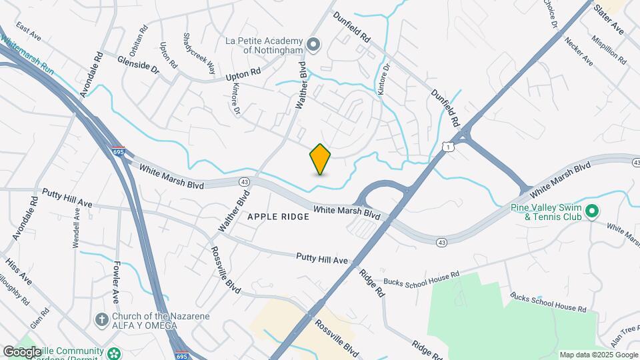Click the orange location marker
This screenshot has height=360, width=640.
point(321,159)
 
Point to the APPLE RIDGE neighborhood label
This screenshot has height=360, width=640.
point(278,217)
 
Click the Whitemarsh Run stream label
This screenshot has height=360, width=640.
point(27,50)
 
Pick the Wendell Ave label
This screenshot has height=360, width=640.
point(76,227)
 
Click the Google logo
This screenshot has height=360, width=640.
point(22,351)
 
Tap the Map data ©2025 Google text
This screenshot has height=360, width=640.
point(598,355)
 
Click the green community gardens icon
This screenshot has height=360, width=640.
point(115,351)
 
